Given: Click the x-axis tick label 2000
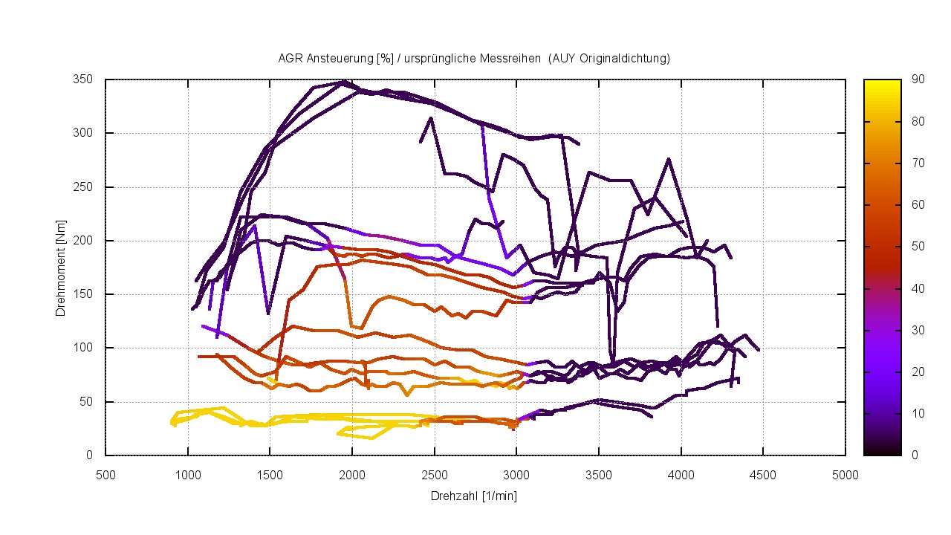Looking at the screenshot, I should [x=352, y=474].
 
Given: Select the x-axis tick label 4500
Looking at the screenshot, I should [x=763, y=474].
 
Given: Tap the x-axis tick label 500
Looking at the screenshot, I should [x=106, y=474].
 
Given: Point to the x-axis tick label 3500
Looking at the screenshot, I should [x=599, y=474].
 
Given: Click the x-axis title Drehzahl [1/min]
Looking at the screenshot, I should [x=474, y=496].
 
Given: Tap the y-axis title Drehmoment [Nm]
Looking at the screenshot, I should [x=60, y=267].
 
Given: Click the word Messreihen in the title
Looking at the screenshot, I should [x=515, y=58].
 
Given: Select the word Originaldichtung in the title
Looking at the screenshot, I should [x=622, y=58].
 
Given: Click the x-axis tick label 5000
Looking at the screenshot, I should [x=845, y=474].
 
